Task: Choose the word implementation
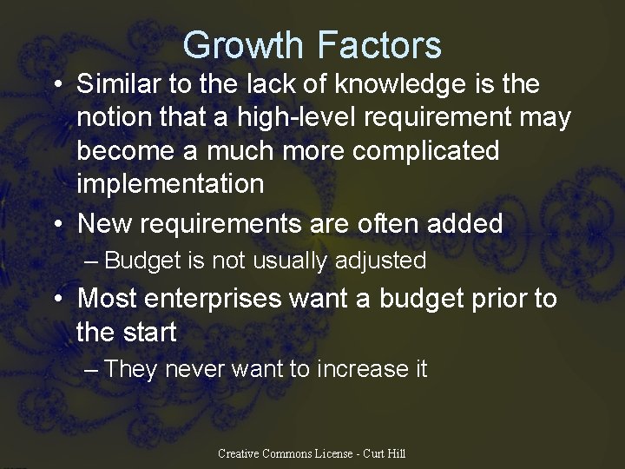170,184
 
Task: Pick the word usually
290,261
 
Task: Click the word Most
109,298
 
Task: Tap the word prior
496,298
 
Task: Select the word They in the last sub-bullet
130,369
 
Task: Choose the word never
194,369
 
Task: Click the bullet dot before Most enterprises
57,299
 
